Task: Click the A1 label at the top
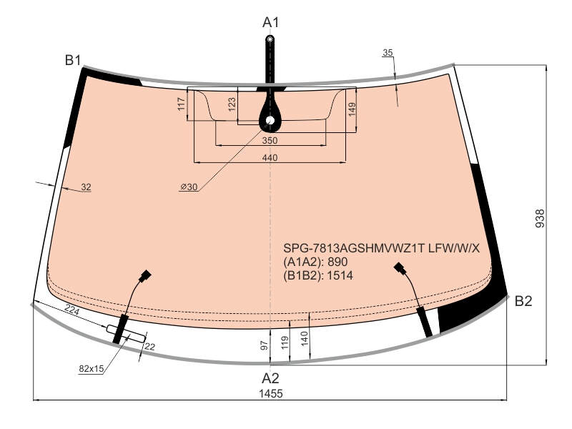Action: click(x=270, y=23)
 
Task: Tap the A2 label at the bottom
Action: click(x=270, y=378)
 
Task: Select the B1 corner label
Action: click(x=73, y=60)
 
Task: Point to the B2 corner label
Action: click(x=523, y=301)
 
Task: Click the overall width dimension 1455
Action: click(x=271, y=394)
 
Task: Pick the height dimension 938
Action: click(x=540, y=218)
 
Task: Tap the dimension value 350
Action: click(x=270, y=140)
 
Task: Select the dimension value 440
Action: click(x=270, y=157)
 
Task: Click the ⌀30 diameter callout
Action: click(x=189, y=187)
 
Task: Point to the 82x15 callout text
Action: click(x=92, y=369)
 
